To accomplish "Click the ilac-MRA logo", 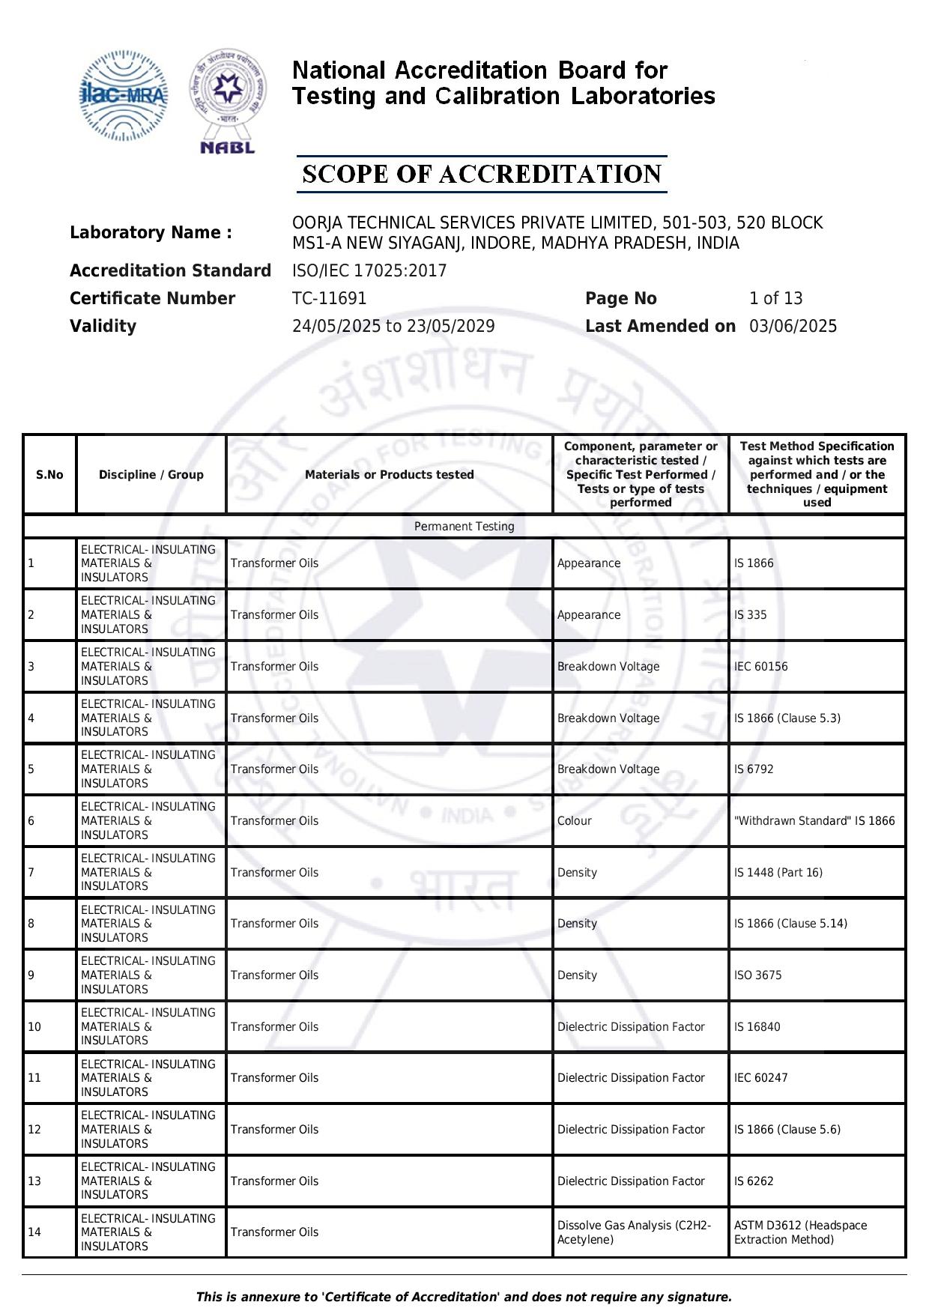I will [124, 96].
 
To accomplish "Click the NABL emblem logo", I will [228, 102].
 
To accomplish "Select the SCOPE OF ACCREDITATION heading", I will [482, 175].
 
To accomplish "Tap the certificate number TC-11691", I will [330, 299].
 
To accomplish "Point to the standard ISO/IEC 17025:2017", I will [369, 271].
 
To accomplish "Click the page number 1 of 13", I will [775, 299].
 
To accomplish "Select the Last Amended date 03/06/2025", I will [793, 327].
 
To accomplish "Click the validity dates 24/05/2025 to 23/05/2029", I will [393, 327].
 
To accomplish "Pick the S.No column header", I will [49, 475].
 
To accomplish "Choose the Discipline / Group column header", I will [151, 475].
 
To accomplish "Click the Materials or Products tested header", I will [390, 475].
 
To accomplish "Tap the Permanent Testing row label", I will [464, 527].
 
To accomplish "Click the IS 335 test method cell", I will [751, 615].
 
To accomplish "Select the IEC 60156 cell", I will [761, 667].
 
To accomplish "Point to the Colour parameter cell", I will [575, 821].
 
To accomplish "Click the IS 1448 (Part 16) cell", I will [778, 873].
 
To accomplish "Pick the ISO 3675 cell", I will [758, 975].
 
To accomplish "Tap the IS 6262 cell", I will [754, 1181].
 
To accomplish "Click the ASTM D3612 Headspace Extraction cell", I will [800, 1232].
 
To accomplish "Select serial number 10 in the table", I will [34, 1027].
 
